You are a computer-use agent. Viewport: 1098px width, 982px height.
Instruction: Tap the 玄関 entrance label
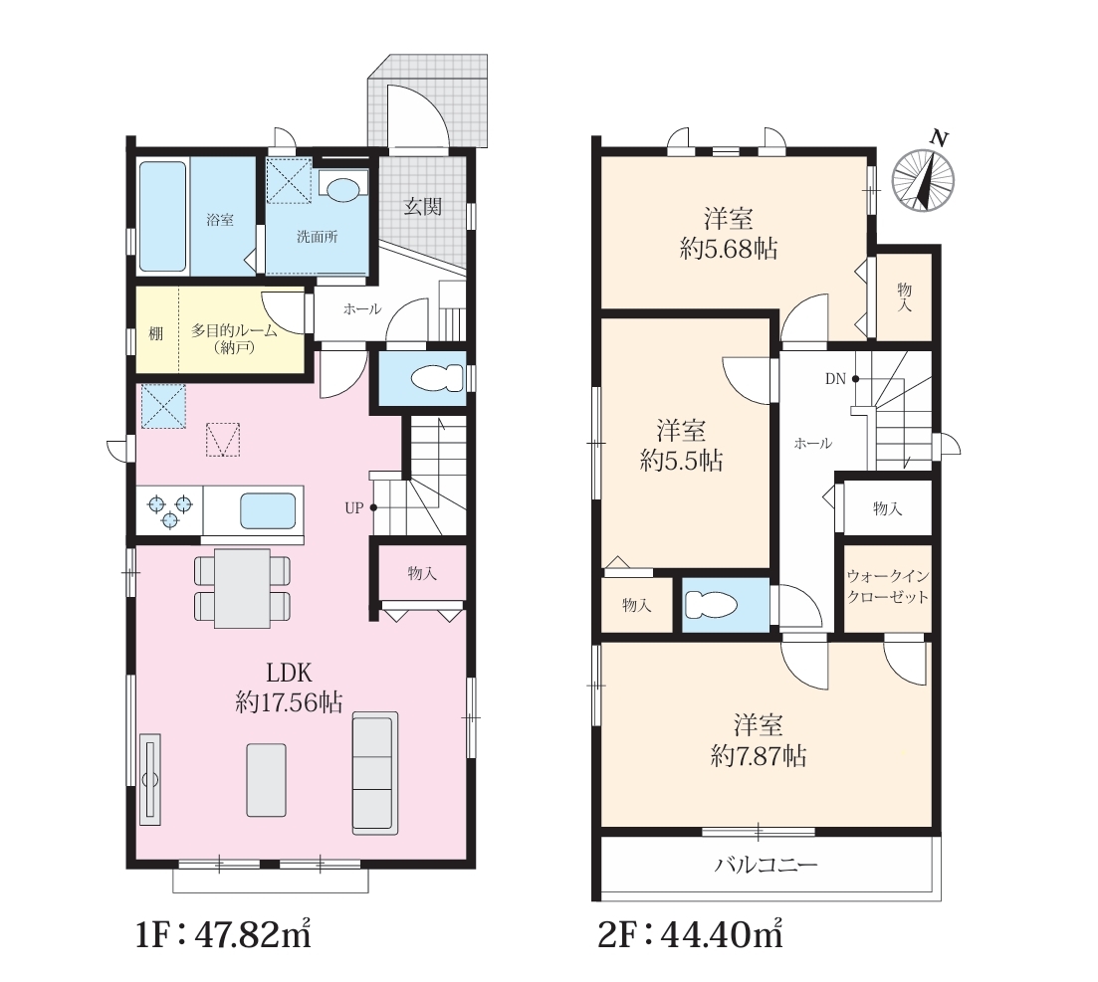(423, 207)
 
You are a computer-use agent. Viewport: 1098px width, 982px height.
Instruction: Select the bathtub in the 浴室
(163, 216)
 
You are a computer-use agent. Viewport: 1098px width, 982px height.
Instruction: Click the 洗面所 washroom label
(318, 237)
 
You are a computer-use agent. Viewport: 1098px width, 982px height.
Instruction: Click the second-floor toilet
(711, 604)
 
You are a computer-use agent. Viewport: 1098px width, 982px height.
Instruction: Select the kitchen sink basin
(268, 510)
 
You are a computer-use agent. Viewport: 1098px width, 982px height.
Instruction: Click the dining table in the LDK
(242, 588)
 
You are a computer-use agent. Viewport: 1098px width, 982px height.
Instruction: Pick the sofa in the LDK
(375, 772)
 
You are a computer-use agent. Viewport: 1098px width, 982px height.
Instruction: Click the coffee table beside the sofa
(266, 779)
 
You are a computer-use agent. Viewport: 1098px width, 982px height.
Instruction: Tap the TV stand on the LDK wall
(150, 779)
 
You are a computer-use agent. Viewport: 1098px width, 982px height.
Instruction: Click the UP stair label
(353, 508)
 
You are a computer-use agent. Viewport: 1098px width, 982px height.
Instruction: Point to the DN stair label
(835, 379)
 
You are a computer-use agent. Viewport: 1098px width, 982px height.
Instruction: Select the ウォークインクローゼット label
(887, 587)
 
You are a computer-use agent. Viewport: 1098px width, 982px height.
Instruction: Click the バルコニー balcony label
(767, 866)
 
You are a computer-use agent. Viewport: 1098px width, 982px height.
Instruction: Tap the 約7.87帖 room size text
(759, 756)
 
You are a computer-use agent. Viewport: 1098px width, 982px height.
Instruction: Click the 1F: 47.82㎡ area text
(223, 934)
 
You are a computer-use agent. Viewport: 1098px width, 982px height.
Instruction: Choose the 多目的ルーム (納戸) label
(235, 338)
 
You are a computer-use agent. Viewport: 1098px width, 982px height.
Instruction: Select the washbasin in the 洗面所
(343, 189)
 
